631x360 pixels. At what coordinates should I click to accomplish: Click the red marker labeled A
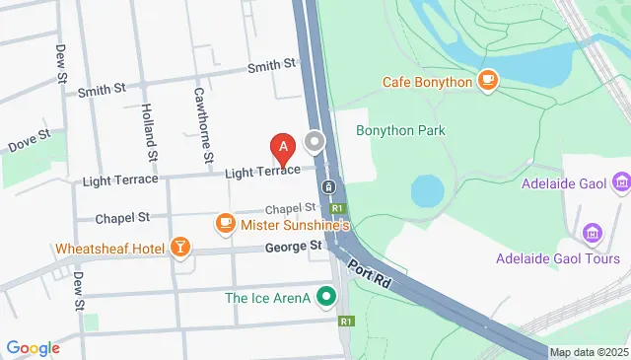[284, 149]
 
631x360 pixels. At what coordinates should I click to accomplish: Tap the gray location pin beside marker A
[315, 143]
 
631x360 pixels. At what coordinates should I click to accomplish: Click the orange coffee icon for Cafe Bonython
[487, 80]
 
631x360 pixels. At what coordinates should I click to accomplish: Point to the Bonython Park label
[401, 130]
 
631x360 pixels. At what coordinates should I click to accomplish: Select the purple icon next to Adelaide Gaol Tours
[592, 233]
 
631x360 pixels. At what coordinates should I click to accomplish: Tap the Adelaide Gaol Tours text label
[559, 258]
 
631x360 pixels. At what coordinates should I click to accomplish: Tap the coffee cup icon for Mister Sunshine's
[226, 224]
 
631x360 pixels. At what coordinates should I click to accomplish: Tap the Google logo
[33, 347]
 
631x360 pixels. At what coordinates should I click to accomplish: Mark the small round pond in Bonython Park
[428, 190]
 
